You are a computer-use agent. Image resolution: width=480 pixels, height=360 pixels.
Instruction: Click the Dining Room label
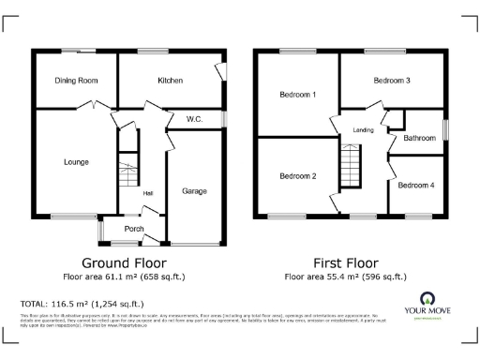(77, 81)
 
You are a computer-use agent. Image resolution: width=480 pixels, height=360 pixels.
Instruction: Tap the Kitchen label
(170, 81)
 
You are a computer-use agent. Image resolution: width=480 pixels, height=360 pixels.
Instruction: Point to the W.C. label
(195, 119)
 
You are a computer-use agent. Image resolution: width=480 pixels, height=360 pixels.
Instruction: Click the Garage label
(194, 191)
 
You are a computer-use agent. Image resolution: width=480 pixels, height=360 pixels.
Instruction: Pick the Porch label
(133, 226)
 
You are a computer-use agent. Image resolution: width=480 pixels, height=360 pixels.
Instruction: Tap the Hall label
(147, 194)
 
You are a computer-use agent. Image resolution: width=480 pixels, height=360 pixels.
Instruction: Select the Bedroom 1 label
(298, 95)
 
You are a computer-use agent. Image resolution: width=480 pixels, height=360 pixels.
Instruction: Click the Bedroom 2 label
(298, 175)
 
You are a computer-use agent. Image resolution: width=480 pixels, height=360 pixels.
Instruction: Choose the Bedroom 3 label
(392, 81)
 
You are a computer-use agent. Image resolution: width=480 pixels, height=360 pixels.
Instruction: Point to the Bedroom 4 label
(415, 185)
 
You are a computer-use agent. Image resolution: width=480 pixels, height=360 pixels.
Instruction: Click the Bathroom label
(419, 138)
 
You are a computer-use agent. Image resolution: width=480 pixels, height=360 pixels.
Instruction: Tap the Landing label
(364, 129)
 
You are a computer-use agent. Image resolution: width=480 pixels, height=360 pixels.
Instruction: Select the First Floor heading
(347, 262)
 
